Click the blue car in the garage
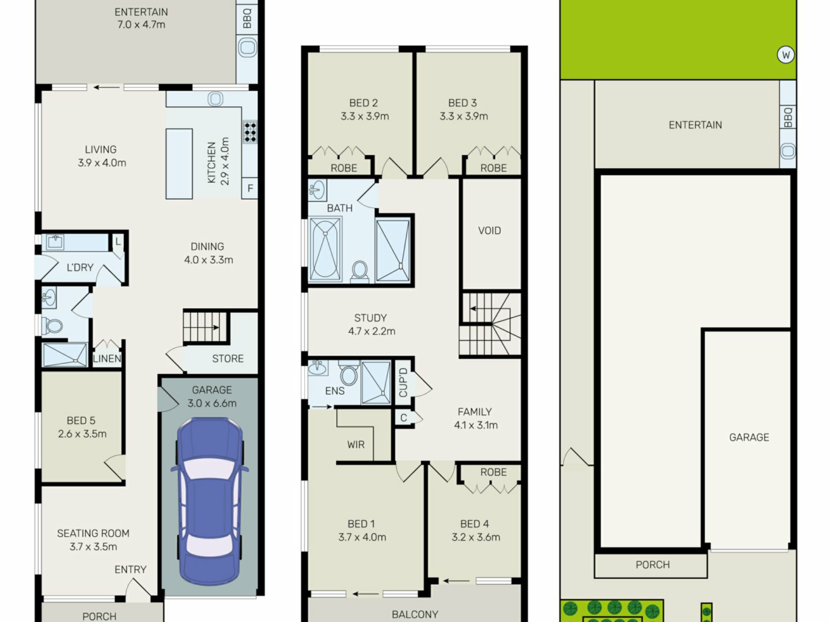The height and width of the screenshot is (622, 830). point(210,501)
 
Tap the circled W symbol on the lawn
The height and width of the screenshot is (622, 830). point(785,55)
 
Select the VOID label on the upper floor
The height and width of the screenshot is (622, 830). point(489,231)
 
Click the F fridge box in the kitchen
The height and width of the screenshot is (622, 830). point(250,188)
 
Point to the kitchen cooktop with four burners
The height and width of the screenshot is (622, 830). point(250,132)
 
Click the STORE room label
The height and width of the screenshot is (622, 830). point(228,359)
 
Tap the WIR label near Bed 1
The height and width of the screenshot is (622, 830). point(356,444)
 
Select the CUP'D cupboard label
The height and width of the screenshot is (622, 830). point(403,383)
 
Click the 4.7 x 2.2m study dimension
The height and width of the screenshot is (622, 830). point(372,331)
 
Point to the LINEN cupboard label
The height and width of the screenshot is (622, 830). point(107,359)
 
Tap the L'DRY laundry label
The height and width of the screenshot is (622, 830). point(80,268)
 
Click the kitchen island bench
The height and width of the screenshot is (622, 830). point(179,164)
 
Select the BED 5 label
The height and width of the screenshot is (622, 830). point(81,421)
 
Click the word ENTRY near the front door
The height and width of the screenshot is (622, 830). point(131,570)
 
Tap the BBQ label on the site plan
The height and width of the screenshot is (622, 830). point(788,117)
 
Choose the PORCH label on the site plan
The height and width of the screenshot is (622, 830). point(653,565)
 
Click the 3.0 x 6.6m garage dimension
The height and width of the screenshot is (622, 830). point(212,403)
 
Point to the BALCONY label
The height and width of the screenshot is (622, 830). point(415,615)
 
